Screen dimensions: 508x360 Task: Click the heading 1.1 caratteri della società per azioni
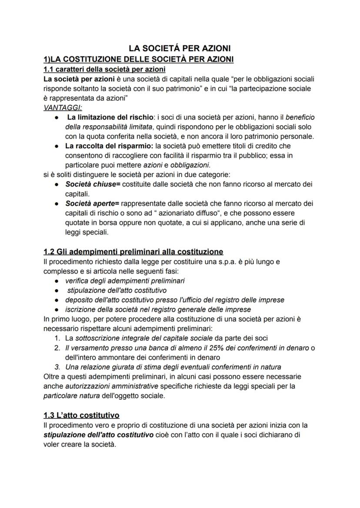[x=104, y=69]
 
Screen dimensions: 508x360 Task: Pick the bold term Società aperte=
[x=93, y=203]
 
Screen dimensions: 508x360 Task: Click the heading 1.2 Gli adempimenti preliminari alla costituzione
[x=133, y=252]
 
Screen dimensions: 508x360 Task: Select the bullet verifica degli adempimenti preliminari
[x=125, y=281]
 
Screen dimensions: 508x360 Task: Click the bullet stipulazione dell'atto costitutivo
[x=117, y=290]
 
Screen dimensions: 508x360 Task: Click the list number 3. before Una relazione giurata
[x=57, y=367]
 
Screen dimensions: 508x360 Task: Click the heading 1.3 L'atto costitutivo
[x=82, y=415]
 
